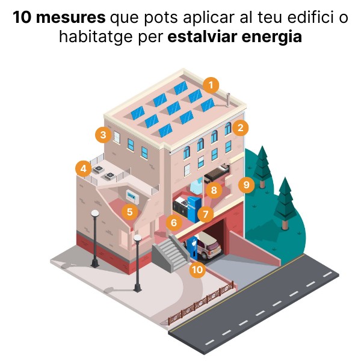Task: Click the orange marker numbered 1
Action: pos(211,85)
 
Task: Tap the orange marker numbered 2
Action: pos(240,128)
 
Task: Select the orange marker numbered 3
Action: pos(103,135)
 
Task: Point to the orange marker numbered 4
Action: pos(84,168)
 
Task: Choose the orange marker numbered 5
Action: pos(130,212)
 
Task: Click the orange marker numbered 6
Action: pos(174,223)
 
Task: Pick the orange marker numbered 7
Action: pos(205,214)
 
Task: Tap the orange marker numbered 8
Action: pos(214,190)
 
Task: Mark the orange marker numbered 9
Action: pos(246,185)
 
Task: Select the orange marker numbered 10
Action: pos(197,270)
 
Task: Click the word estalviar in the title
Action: pos(203,37)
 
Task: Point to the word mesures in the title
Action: pos(70,17)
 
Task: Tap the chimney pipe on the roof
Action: pos(228,100)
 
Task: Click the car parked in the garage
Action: pos(206,245)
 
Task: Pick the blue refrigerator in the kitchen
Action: pos(194,208)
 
